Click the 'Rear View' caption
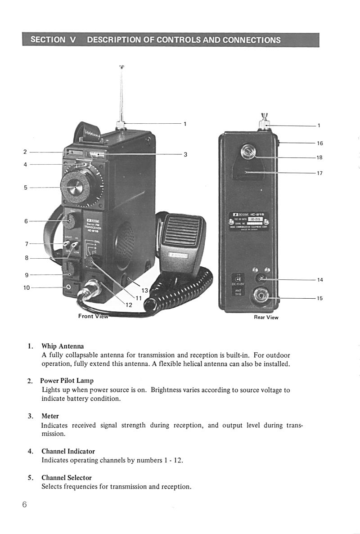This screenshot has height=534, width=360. click(x=266, y=318)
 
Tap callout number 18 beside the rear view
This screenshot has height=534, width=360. click(x=319, y=158)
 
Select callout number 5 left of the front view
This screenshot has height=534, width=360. click(x=26, y=188)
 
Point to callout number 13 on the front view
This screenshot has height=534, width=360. click(x=145, y=291)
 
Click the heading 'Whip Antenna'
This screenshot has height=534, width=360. click(x=63, y=346)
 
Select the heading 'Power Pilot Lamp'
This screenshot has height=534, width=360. click(x=67, y=381)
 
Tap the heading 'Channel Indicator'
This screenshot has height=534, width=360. click(x=68, y=451)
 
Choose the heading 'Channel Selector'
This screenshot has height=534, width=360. click(x=66, y=478)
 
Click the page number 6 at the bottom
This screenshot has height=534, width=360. click(x=24, y=504)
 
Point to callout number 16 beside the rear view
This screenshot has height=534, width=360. click(x=319, y=144)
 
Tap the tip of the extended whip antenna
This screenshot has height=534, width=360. click(x=121, y=67)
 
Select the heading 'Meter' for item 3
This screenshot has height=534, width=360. click(x=50, y=416)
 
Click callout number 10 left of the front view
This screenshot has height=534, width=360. click(x=26, y=287)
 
